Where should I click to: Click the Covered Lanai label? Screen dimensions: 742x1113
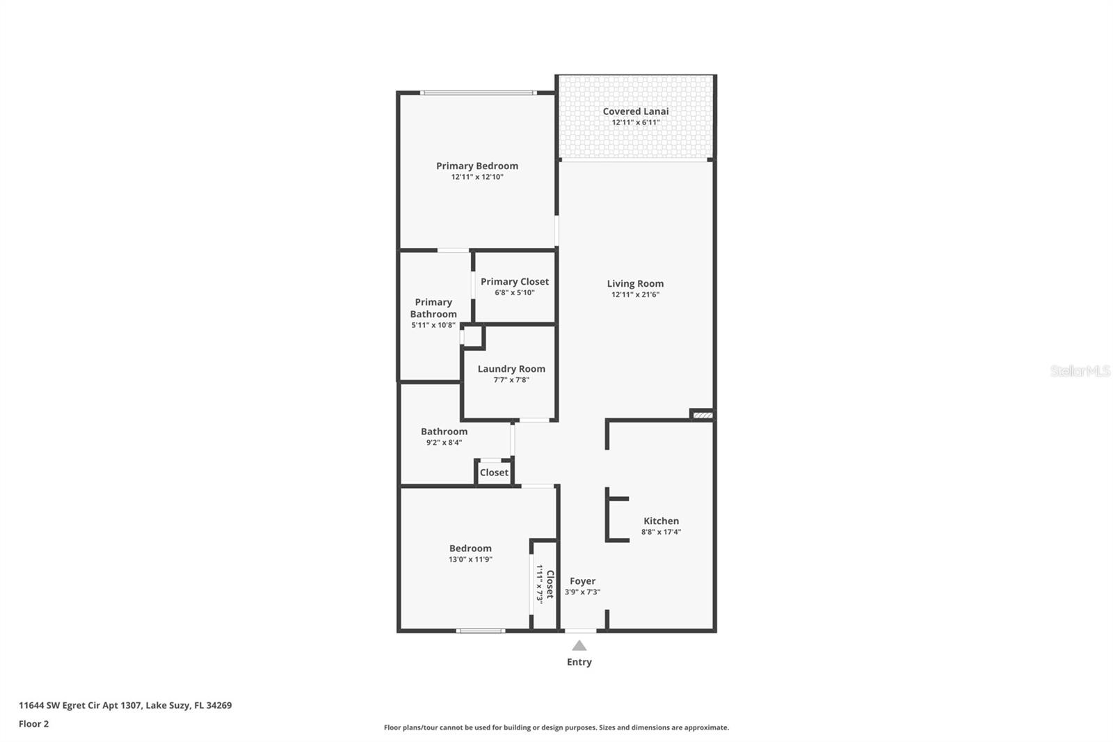pos(635,111)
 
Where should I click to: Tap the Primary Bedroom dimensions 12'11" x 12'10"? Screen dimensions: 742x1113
pos(477,177)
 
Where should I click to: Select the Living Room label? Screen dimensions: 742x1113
pos(635,283)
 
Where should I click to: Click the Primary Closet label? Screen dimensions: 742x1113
pos(515,281)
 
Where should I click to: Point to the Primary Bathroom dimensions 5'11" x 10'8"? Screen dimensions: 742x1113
pos(433,325)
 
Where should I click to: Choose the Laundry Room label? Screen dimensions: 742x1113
pos(511,369)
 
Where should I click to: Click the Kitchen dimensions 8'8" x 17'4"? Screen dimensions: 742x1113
pos(661,532)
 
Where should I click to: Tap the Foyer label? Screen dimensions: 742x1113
pos(582,581)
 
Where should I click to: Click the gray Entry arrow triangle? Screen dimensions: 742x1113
pos(579,646)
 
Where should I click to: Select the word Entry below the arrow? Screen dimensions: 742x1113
pos(579,662)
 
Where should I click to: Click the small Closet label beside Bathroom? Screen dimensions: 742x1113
pos(494,473)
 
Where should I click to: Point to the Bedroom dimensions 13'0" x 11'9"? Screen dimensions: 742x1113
pos(470,560)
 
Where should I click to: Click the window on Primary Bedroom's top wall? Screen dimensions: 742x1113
pos(478,93)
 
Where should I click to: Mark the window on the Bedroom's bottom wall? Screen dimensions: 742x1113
pos(481,631)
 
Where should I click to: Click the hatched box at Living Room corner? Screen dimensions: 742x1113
pos(703,415)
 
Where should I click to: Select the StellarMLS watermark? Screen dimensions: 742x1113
pos(1080,371)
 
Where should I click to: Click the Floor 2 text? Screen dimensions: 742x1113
pos(33,724)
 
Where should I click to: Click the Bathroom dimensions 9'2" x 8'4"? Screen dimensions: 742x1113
pos(444,443)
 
